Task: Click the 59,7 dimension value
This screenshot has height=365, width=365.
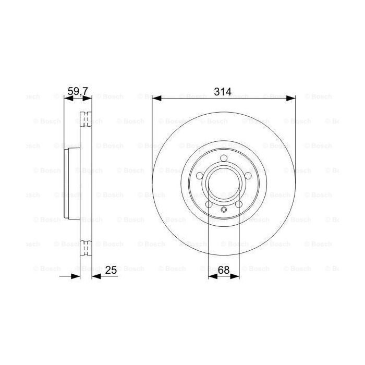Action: tap(77, 92)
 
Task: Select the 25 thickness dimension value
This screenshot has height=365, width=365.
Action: tap(110, 270)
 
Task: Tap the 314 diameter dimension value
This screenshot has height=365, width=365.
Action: tap(223, 92)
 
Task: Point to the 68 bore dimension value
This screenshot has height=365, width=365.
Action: tap(224, 270)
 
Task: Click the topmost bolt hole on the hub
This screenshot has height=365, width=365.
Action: tap(224, 159)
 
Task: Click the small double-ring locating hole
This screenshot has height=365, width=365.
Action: tap(224, 210)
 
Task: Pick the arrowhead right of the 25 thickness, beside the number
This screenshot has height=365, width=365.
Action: tap(96, 276)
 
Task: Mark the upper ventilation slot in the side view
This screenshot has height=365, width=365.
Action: tap(86, 121)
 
